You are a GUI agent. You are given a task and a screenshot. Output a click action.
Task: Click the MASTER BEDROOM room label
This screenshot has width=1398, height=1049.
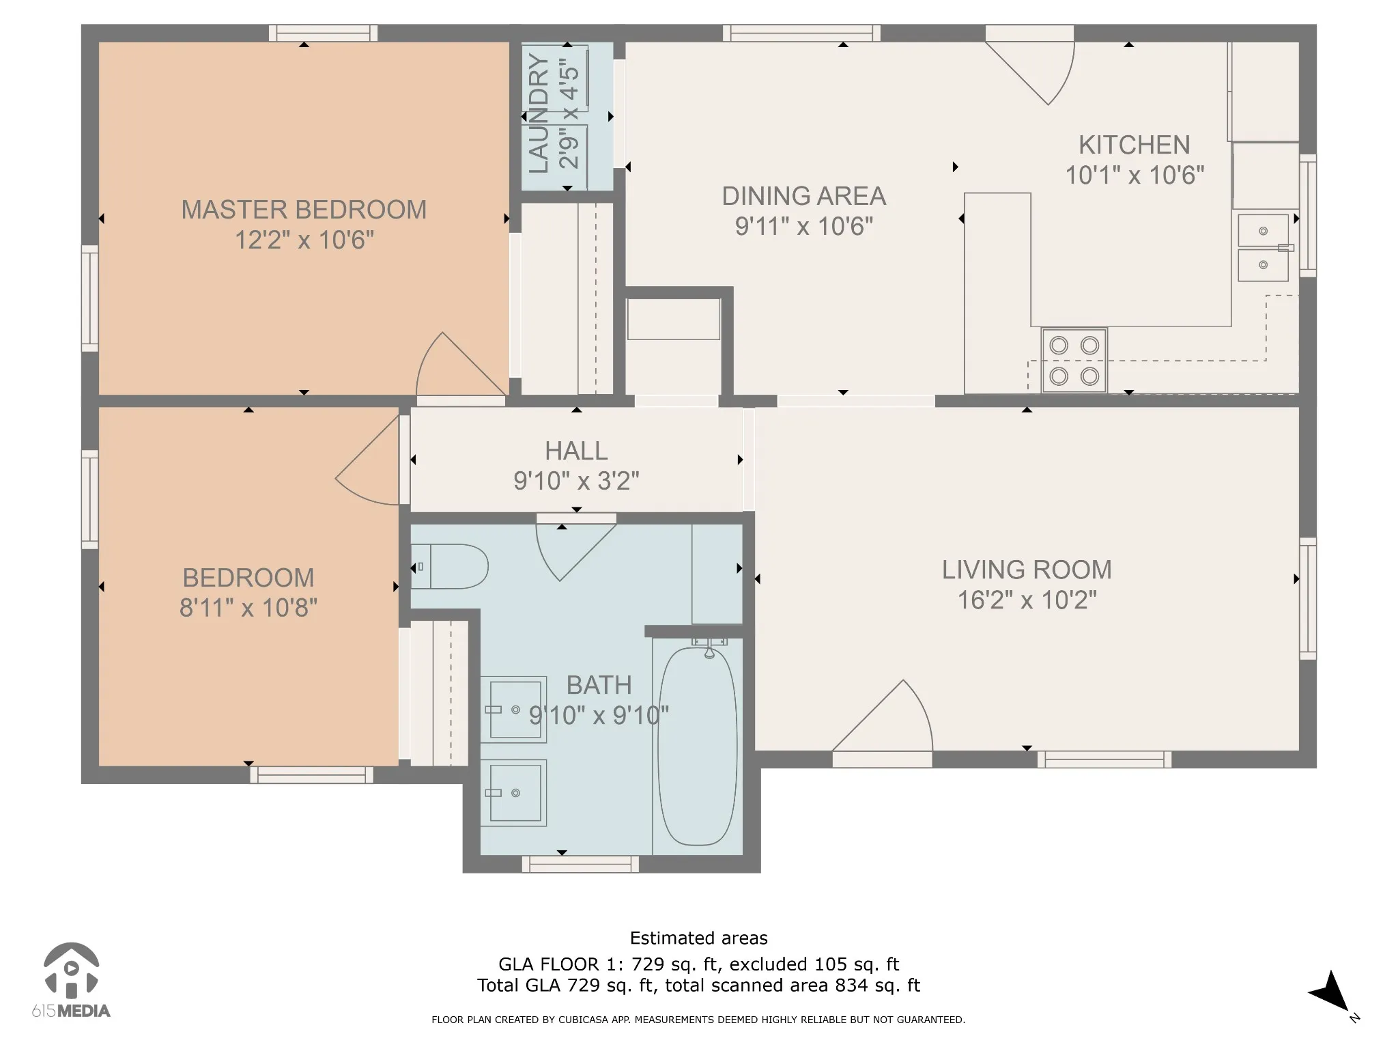[304, 210]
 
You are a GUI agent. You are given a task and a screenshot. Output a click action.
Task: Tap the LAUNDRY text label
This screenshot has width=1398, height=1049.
[539, 113]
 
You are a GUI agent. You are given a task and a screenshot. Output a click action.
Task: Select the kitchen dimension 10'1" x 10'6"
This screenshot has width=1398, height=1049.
[1135, 176]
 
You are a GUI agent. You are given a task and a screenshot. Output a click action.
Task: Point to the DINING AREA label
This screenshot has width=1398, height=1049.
[804, 196]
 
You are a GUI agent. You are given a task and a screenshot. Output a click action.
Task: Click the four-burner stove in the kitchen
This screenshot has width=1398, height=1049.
[1074, 361]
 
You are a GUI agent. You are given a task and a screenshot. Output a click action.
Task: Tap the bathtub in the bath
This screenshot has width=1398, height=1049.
[698, 746]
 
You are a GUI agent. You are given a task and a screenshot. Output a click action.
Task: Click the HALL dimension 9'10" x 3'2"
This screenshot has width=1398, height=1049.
[577, 481]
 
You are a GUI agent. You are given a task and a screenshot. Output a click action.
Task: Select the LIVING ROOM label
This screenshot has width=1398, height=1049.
[1027, 570]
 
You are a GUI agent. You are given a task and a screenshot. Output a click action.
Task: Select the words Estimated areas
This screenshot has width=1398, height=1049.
[698, 938]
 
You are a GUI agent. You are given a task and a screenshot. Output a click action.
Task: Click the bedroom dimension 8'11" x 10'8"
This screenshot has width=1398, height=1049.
[248, 607]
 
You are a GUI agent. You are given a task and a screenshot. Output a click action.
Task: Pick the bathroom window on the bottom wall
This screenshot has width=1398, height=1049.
[580, 864]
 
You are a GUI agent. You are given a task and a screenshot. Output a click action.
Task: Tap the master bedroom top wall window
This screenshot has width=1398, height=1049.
[323, 33]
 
